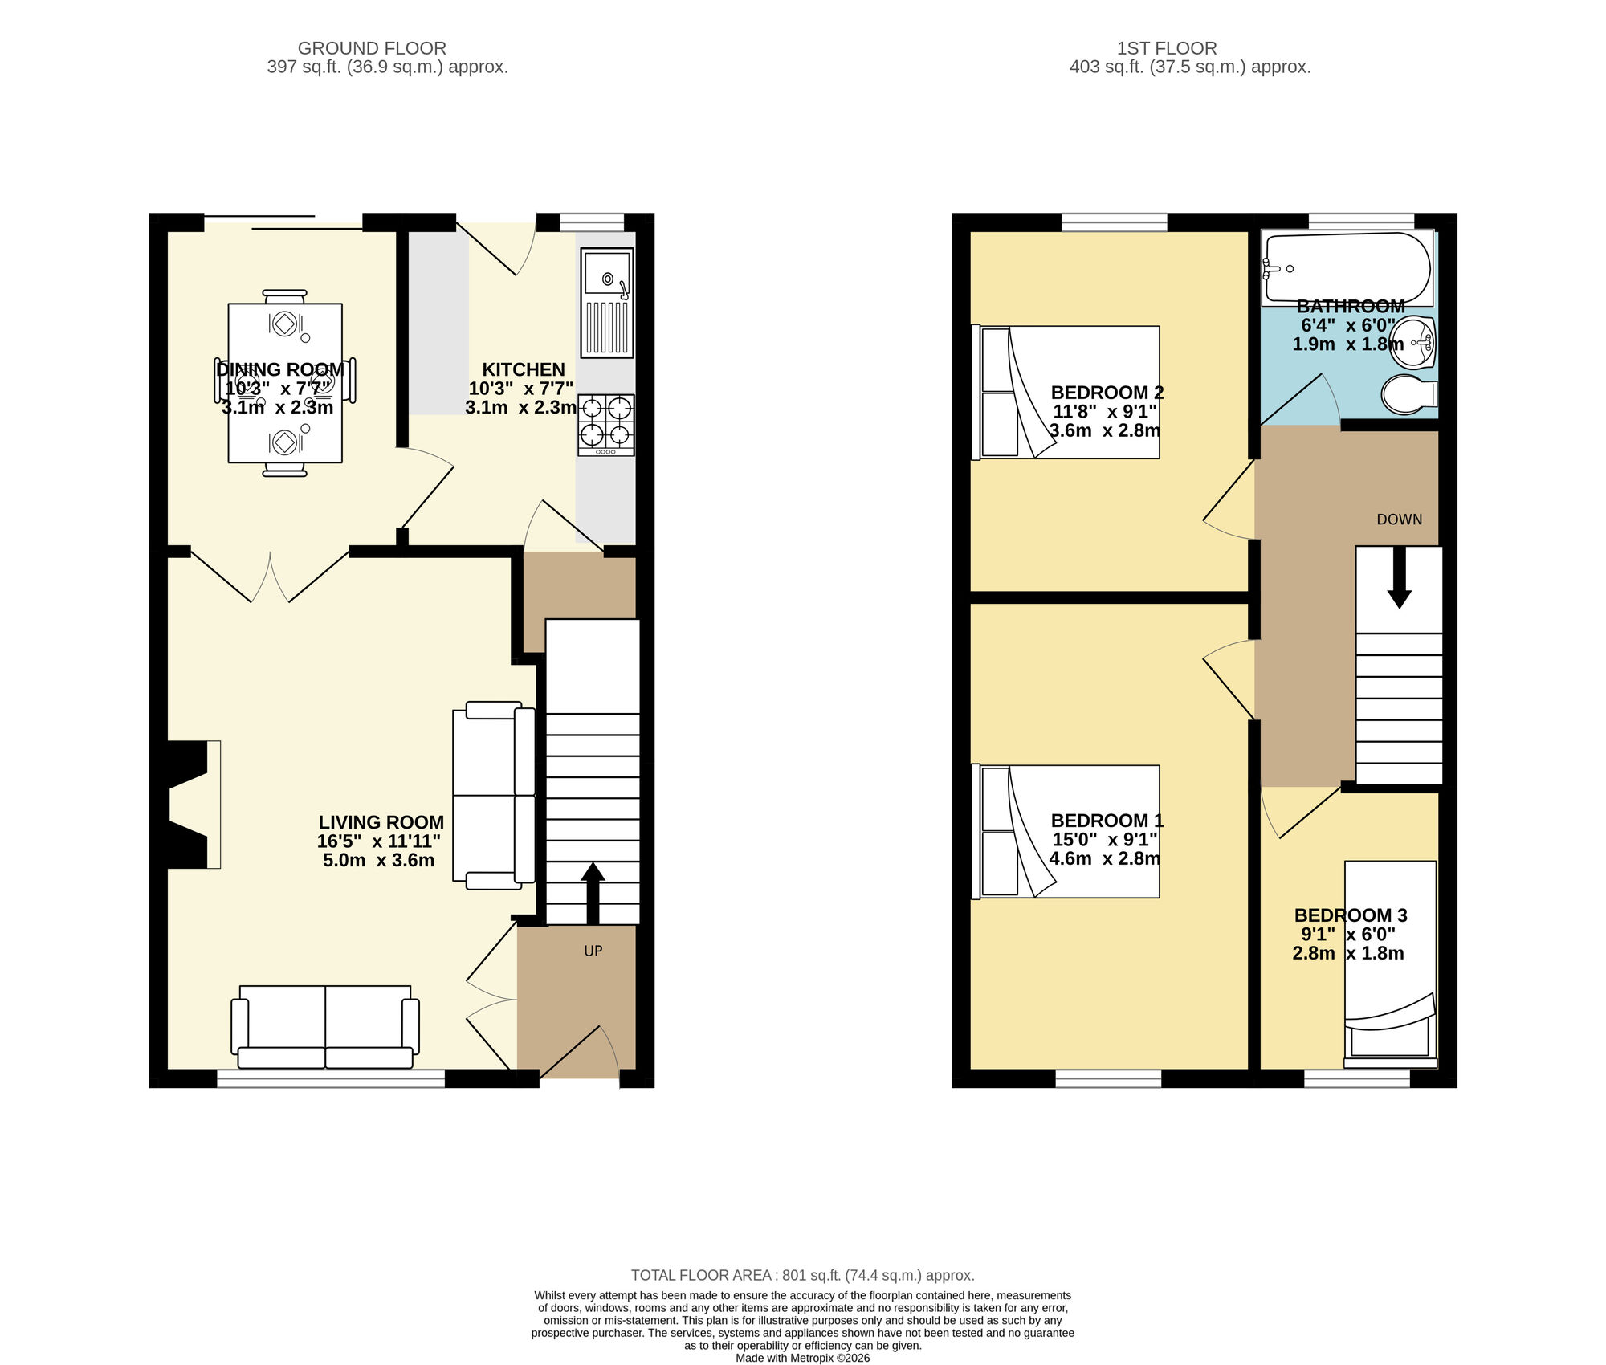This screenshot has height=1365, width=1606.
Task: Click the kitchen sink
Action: tap(607, 302)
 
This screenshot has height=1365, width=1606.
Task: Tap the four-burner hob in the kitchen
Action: tap(605, 424)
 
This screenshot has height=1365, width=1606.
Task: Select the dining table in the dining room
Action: tap(285, 382)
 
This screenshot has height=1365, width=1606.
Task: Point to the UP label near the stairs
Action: tap(593, 951)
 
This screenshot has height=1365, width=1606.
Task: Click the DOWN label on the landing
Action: tap(1399, 520)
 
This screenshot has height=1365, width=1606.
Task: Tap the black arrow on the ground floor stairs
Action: tap(593, 893)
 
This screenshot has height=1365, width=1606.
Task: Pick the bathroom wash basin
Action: tap(1413, 343)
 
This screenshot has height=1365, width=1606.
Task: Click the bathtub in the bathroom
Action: tap(1347, 268)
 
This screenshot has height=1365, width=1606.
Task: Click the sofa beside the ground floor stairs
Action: tap(493, 795)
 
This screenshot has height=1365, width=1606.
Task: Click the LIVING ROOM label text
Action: tap(381, 822)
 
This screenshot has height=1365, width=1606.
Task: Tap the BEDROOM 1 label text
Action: tap(1107, 821)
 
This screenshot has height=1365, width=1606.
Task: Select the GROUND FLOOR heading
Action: tap(372, 48)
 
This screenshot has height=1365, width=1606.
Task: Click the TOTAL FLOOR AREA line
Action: tap(802, 1275)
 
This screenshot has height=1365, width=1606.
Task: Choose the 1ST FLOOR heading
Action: tap(1166, 48)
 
